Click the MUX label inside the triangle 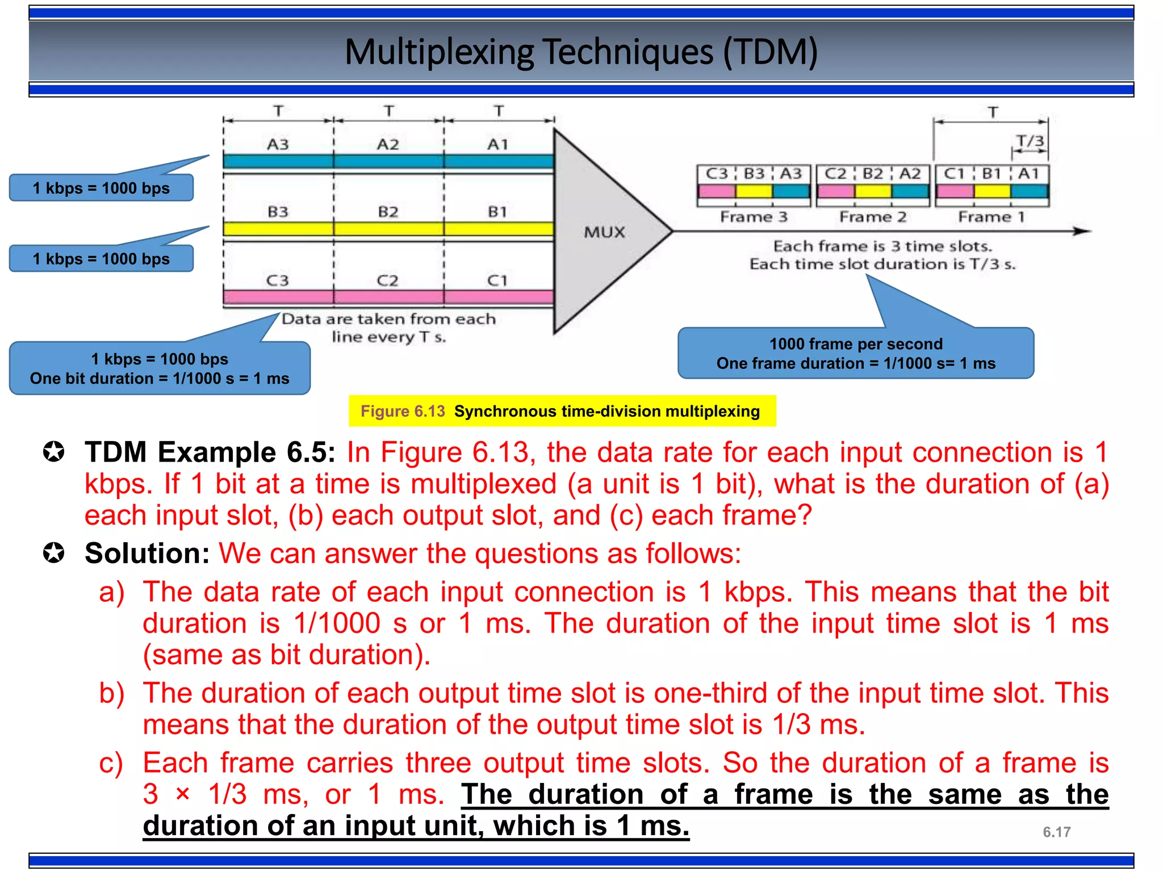(x=604, y=232)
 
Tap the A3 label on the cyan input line (x=278, y=144)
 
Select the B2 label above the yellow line (x=388, y=212)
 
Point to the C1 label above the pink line (x=497, y=280)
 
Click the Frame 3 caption (x=754, y=217)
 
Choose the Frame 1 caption (x=992, y=217)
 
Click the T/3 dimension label (x=1030, y=141)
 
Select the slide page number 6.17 (x=1056, y=832)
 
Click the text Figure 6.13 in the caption (x=403, y=411)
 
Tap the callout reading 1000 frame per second (x=856, y=343)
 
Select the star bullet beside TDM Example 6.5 (x=54, y=452)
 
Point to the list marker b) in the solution (x=111, y=693)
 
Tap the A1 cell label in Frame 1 (x=1028, y=174)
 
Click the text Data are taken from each (x=388, y=319)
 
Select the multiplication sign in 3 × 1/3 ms (x=183, y=794)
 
